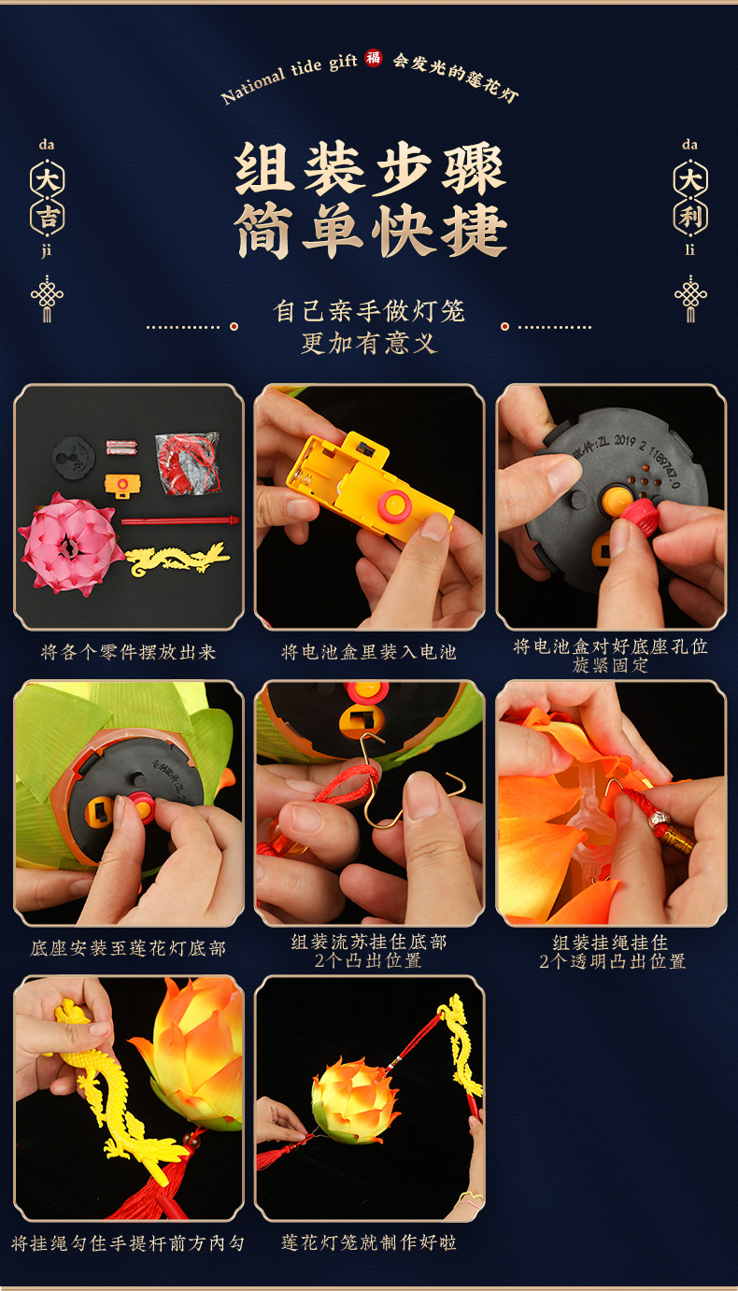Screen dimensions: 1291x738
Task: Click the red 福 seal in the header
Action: click(x=374, y=58)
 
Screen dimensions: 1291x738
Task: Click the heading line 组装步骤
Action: click(x=369, y=170)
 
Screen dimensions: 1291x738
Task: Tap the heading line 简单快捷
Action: click(x=369, y=230)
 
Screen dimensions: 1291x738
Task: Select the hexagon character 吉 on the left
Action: click(x=48, y=217)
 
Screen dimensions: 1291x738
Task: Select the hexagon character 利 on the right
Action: click(x=690, y=217)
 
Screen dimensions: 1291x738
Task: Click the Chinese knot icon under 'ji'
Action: click(x=48, y=297)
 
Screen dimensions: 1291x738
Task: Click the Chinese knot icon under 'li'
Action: click(x=690, y=297)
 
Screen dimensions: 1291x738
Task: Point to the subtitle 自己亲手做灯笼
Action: click(x=369, y=310)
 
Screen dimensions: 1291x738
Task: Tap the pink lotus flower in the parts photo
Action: click(x=69, y=542)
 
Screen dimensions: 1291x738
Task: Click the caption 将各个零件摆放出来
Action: click(x=128, y=652)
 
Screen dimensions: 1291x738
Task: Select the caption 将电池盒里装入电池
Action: click(x=369, y=652)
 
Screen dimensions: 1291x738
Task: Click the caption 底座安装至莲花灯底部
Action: click(x=128, y=948)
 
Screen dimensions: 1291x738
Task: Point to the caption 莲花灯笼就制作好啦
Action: click(x=369, y=1242)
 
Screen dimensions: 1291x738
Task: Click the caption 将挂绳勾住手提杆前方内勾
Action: click(x=128, y=1242)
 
